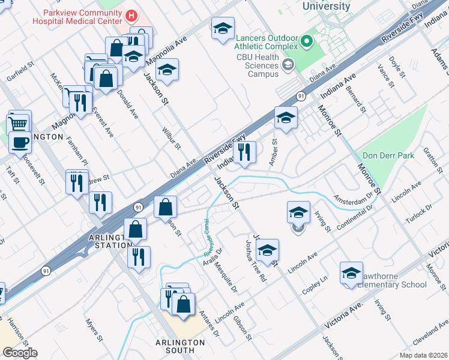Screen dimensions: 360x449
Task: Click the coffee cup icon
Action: click(x=20, y=143)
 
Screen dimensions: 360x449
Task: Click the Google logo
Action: click(x=20, y=353)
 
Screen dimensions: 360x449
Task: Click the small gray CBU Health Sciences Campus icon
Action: click(x=288, y=65)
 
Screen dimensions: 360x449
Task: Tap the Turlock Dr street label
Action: click(x=418, y=215)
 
